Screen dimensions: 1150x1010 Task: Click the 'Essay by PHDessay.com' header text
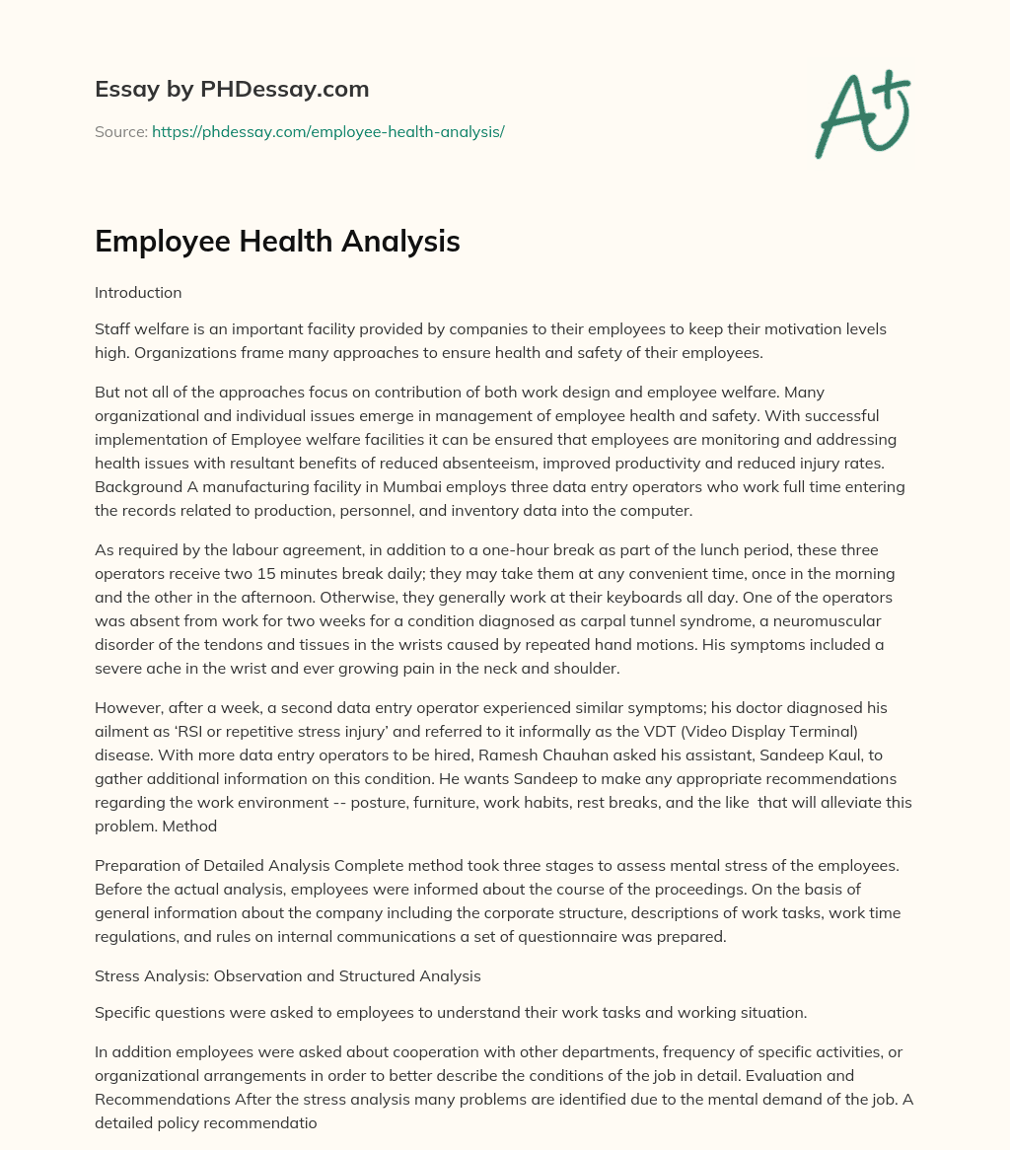232,90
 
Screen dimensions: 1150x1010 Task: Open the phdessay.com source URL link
327,131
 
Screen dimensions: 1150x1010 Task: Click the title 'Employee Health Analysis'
277,241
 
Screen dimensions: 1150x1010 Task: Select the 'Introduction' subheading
138,292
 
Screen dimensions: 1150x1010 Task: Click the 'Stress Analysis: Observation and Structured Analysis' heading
288,976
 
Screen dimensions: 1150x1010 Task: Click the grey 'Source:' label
120,131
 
